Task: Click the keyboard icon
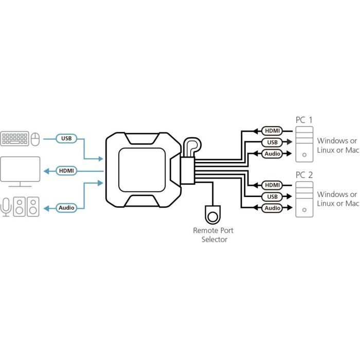coord(14,138)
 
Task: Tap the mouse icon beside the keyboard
coord(35,138)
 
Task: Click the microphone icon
coord(6,207)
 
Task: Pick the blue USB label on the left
coord(66,138)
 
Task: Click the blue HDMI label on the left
coord(66,171)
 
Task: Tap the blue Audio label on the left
coord(66,208)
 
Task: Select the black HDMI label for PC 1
coord(272,131)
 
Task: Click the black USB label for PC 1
coord(272,142)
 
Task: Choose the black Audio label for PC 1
coord(272,154)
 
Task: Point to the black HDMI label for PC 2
coord(272,185)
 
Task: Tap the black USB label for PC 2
coord(272,197)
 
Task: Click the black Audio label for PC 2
coord(272,208)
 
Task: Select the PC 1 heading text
coord(303,120)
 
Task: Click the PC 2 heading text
coord(303,174)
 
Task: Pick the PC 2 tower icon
coord(303,199)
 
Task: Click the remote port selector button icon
coord(212,212)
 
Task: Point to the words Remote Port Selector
coord(210,235)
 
